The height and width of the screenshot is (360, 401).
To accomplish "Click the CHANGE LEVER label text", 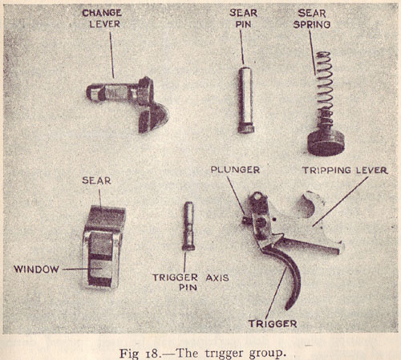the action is click(102, 18).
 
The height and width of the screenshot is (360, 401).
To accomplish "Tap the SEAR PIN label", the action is click(243, 18).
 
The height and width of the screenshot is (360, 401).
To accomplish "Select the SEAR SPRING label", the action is click(312, 18).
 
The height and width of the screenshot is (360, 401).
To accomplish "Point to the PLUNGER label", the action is click(235, 170).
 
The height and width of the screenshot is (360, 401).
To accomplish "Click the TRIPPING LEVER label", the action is click(345, 170).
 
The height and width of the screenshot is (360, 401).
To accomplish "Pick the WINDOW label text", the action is click(36, 269).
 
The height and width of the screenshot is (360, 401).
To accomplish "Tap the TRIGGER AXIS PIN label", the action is click(191, 282).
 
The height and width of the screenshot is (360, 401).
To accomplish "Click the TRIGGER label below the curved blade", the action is click(273, 324).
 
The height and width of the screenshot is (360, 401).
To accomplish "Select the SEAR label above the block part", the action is click(96, 180).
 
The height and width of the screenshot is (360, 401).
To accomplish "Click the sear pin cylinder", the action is click(245, 100).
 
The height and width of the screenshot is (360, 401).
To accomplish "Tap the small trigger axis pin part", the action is click(188, 226).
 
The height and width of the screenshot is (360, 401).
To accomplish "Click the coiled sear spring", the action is click(325, 90).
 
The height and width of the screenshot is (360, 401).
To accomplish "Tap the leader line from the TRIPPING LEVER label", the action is click(340, 201).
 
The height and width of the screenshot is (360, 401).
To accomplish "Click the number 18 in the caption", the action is click(153, 354).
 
